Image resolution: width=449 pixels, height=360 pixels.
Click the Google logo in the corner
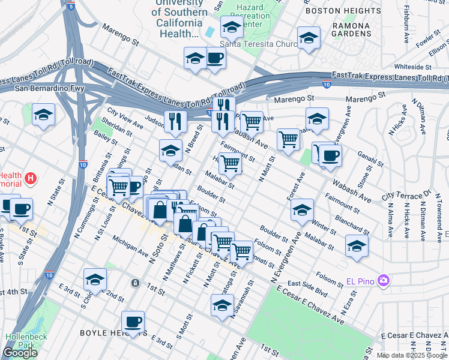pyautogui.click(x=20, y=353)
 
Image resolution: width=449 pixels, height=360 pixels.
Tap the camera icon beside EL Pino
pyautogui.click(x=383, y=280)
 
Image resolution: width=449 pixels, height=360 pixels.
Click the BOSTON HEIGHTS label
pyautogui.click(x=351, y=10)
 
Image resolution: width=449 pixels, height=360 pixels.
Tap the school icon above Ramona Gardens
pyautogui.click(x=309, y=38)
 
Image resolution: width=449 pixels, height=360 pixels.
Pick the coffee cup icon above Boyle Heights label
pyautogui.click(x=133, y=321)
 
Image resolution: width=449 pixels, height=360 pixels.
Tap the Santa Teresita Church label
pyautogui.click(x=250, y=43)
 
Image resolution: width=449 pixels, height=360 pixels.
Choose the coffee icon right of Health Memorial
pyautogui.click(x=22, y=208)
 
